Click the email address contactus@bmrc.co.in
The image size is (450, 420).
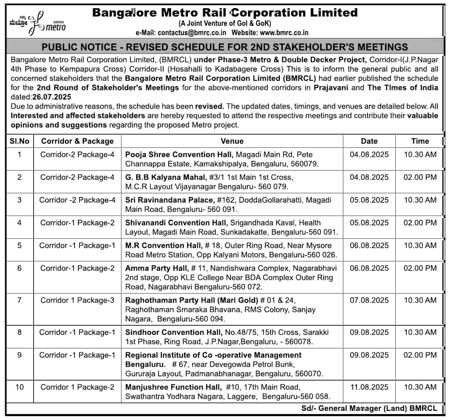click(192, 33)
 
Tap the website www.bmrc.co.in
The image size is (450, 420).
click(284, 33)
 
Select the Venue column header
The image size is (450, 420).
click(232, 141)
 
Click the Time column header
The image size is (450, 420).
click(420, 141)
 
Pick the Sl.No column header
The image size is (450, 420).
click(20, 141)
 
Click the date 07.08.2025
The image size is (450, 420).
click(369, 300)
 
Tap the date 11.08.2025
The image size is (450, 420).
click(369, 387)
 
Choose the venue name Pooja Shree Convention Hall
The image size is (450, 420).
click(179, 154)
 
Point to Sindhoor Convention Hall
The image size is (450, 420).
click(174, 332)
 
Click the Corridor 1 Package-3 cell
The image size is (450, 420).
click(77, 300)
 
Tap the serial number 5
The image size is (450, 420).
click(20, 246)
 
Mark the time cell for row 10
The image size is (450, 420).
click(420, 387)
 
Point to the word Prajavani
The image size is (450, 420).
click(331, 87)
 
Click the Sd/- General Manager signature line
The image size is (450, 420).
click(369, 408)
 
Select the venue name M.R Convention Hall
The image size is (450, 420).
click(163, 246)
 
